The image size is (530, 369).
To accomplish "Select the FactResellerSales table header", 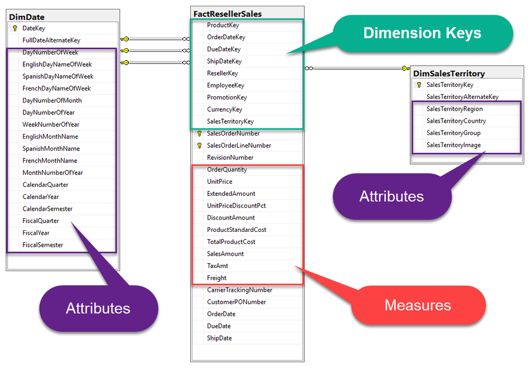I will (235, 13).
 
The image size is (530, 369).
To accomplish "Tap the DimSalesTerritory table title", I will (448, 74).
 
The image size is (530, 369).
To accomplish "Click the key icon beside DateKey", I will (15, 29).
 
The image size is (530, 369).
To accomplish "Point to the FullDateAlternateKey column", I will (51, 40).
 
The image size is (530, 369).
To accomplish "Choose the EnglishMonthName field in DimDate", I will (50, 137).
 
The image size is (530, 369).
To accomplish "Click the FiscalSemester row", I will (42, 245).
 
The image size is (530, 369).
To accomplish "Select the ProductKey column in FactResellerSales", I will (223, 25).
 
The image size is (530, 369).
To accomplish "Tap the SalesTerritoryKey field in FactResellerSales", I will (230, 121).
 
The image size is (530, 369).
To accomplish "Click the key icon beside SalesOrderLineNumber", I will (199, 146).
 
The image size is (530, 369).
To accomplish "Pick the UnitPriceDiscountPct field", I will (236, 205).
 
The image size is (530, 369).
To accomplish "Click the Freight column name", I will (217, 278).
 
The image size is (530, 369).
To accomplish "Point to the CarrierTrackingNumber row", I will (240, 290).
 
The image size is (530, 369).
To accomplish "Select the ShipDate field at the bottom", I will (219, 338).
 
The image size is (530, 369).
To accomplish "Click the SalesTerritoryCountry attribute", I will (456, 121).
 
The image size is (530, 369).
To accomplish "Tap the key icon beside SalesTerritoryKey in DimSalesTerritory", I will (419, 85).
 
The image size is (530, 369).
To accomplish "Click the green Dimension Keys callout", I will (422, 33).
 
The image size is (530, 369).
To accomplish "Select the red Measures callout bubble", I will (418, 305).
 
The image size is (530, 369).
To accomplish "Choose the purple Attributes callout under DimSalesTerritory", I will (391, 196).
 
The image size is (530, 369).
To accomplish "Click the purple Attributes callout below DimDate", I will (98, 308).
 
